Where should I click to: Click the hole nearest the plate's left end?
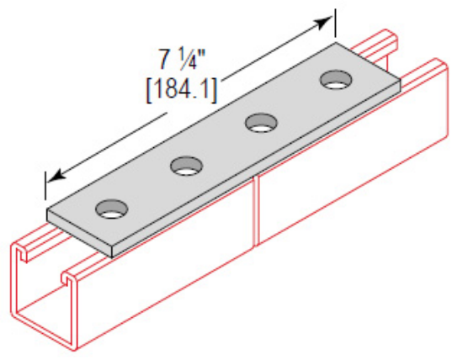tap(109, 209)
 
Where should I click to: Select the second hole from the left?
tap(184, 166)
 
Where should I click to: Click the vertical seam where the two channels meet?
tap(255, 210)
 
